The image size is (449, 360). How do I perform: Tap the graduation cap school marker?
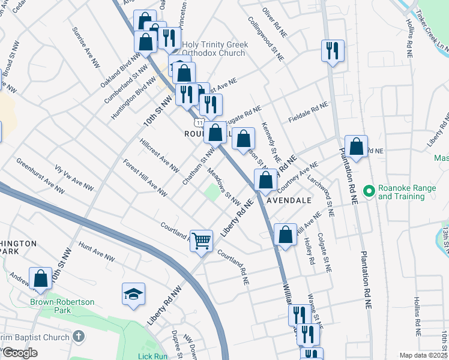tap(134, 294)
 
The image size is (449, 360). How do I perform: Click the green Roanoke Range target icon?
tap(369, 191)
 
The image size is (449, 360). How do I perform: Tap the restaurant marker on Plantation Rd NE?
tap(333, 50)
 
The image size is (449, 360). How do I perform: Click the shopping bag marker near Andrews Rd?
tap(41, 278)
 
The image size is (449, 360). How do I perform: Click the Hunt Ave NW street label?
tap(96, 251)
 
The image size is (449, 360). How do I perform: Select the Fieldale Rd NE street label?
tap(308, 110)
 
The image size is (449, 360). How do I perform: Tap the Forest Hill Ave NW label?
tap(145, 178)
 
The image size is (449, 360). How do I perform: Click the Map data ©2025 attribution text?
tap(423, 355)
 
